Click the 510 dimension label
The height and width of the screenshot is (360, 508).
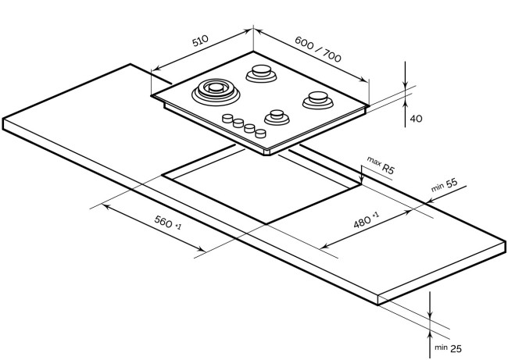tap(200, 41)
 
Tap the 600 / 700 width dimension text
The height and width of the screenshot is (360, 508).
tap(318, 49)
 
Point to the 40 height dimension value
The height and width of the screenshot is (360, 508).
tap(417, 119)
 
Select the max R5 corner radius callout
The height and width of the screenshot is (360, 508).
tap(381, 165)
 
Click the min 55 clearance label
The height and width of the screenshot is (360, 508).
tap(444, 185)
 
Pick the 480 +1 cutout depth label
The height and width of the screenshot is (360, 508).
tap(366, 219)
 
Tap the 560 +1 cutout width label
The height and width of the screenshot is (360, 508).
tap(168, 223)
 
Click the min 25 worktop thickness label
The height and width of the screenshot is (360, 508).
tap(448, 348)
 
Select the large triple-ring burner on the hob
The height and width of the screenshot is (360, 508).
tap(216, 91)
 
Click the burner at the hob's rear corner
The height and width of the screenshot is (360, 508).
tap(262, 73)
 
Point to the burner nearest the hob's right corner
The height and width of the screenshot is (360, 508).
tap(318, 100)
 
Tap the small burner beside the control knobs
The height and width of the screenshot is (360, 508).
tap(277, 117)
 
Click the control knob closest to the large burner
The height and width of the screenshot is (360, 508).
tap(227, 118)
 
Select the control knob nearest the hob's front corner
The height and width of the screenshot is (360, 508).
tap(260, 133)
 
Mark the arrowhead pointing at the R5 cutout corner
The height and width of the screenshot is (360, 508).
tap(361, 181)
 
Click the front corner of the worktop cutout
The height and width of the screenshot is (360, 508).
tap(266, 223)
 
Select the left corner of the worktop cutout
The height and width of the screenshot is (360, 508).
tap(162, 176)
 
